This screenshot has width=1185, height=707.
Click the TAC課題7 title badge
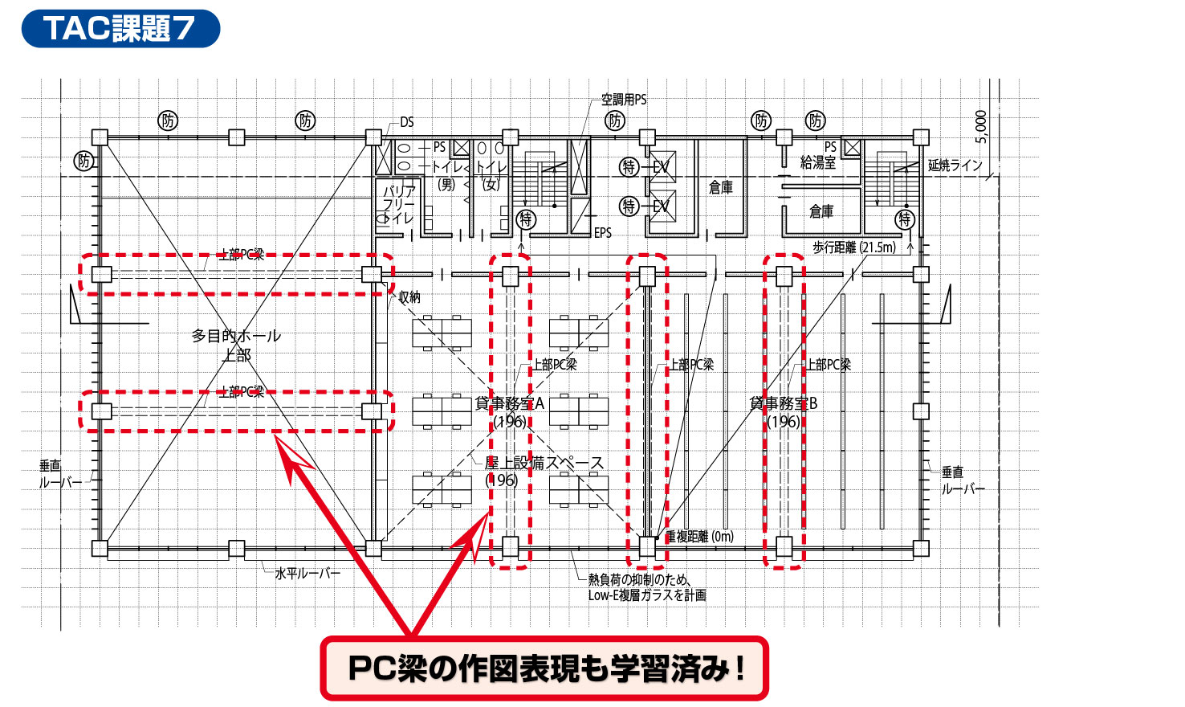point(120,28)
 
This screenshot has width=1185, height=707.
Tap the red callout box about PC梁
point(544,668)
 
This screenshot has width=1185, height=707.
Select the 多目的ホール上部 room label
point(236,345)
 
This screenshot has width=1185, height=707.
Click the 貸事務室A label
point(509,403)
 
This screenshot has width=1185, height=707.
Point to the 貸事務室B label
point(783,403)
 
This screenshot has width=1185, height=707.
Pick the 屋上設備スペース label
point(544,464)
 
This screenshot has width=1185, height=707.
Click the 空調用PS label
point(623,100)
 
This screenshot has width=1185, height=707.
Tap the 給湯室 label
point(817,163)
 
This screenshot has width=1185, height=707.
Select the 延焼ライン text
point(955,166)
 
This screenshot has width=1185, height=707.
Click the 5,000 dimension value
point(980,127)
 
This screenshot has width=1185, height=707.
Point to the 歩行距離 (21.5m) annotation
point(853,247)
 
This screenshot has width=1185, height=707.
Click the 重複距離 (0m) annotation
point(699,537)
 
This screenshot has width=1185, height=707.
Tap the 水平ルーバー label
point(307,574)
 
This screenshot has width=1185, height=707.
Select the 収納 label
point(409,297)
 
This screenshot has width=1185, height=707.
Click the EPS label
point(603,233)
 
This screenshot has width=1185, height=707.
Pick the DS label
point(407,122)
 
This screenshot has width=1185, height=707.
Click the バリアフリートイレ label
point(398,204)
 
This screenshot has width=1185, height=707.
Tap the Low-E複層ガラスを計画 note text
point(646,595)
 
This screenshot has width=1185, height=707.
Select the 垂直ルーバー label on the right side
point(963,480)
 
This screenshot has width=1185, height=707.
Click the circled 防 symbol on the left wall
point(83,161)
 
